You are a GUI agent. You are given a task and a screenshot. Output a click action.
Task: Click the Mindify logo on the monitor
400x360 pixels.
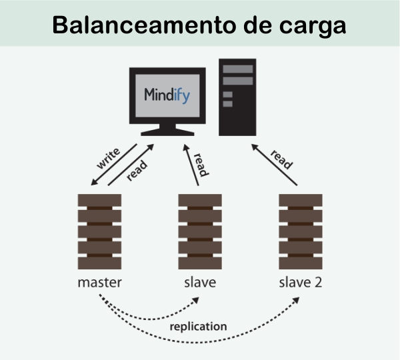tap(167, 94)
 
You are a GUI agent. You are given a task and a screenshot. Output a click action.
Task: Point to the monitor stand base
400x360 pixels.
tap(167, 132)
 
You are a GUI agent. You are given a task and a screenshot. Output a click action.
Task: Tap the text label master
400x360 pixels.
tap(99, 282)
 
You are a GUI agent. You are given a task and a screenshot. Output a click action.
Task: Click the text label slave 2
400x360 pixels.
tap(300, 282)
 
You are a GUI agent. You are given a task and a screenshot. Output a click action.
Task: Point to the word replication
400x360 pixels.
tap(198, 327)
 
